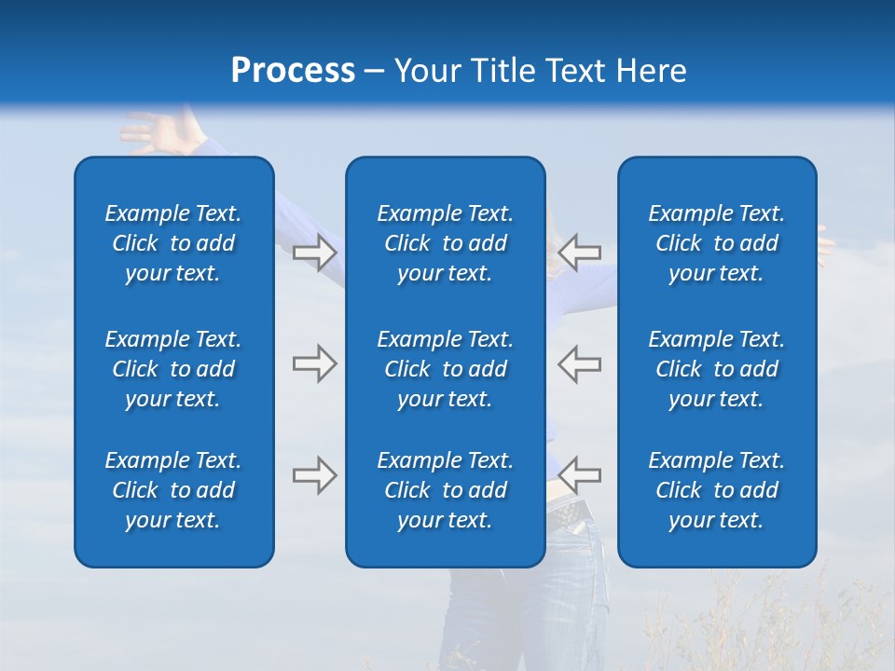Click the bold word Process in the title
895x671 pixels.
[293, 71]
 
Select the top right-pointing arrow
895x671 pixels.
[314, 253]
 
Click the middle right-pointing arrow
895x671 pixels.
[314, 363]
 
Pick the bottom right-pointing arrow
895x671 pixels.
[314, 475]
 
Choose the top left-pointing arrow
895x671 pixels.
[580, 253]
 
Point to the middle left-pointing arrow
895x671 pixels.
[580, 363]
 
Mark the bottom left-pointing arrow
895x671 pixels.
[580, 475]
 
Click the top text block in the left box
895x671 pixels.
[173, 243]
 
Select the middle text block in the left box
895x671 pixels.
[173, 369]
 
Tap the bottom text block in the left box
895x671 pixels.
[173, 490]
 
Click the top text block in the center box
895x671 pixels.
[445, 243]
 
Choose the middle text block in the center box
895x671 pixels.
[445, 369]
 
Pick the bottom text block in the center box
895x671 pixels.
[445, 490]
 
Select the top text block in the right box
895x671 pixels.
[716, 243]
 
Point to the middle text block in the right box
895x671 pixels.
[716, 369]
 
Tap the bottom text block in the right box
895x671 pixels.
[716, 490]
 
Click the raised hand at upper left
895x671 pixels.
[149, 130]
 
